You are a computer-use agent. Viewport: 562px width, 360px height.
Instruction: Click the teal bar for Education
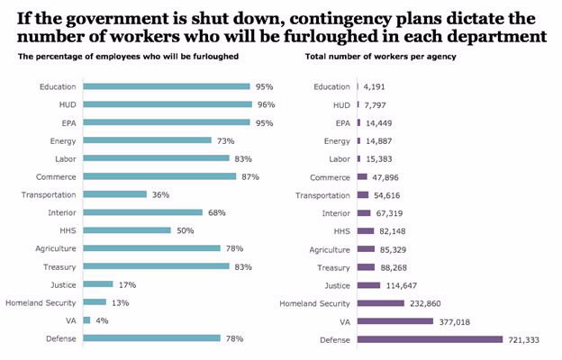167,86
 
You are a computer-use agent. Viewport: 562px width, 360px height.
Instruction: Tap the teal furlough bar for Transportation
114,194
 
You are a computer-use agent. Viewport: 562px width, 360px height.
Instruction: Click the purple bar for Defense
430,339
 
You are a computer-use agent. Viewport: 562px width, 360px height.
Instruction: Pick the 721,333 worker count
526,339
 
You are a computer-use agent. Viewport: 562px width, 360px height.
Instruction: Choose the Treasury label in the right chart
333,267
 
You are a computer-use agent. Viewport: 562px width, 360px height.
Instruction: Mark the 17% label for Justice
127,284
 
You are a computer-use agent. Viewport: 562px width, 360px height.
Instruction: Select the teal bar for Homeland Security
95,302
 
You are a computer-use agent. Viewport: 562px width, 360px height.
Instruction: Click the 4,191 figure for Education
376,86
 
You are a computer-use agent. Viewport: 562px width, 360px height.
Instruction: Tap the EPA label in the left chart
67,122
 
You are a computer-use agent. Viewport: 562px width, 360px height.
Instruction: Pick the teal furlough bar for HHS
127,230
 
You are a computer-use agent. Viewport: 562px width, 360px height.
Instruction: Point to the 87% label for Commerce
249,176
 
